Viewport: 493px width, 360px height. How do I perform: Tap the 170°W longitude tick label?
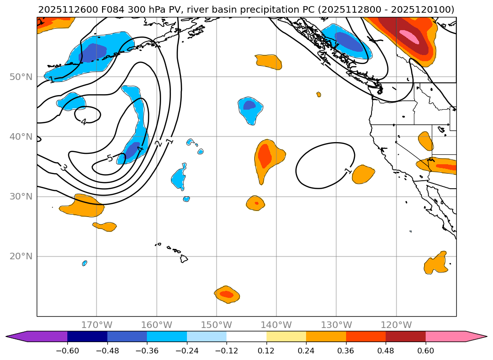pos(97,325)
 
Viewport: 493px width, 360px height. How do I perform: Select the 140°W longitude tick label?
pos(276,325)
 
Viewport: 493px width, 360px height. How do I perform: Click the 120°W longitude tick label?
pos(396,325)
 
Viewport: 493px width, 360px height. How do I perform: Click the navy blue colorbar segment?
pos(87,336)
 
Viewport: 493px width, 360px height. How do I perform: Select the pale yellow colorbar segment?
pos(286,336)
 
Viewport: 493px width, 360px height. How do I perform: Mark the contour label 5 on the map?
pos(110,158)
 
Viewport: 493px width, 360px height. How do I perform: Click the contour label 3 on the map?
pos(63,167)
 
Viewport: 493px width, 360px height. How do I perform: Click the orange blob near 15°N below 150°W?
pos(226,294)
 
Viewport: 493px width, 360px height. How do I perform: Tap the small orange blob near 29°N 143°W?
pos(256,203)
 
